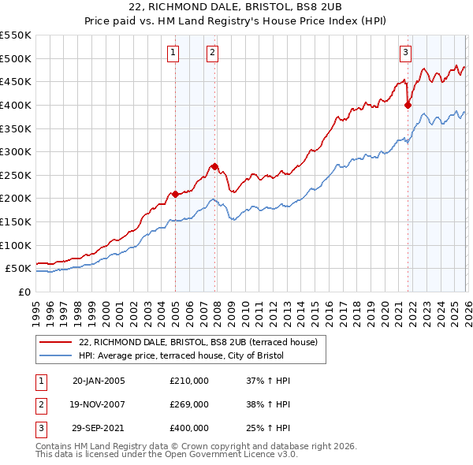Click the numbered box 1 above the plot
click(x=173, y=53)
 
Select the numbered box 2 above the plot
click(x=213, y=53)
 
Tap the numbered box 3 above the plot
click(x=405, y=53)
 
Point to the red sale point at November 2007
click(x=214, y=166)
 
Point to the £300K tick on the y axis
click(x=16, y=151)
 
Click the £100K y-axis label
click(x=16, y=245)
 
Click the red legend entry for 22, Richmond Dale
click(x=198, y=342)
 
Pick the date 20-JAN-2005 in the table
click(x=99, y=381)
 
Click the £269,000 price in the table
click(x=189, y=404)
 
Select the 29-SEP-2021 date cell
click(x=99, y=428)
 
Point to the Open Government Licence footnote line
click(x=166, y=455)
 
